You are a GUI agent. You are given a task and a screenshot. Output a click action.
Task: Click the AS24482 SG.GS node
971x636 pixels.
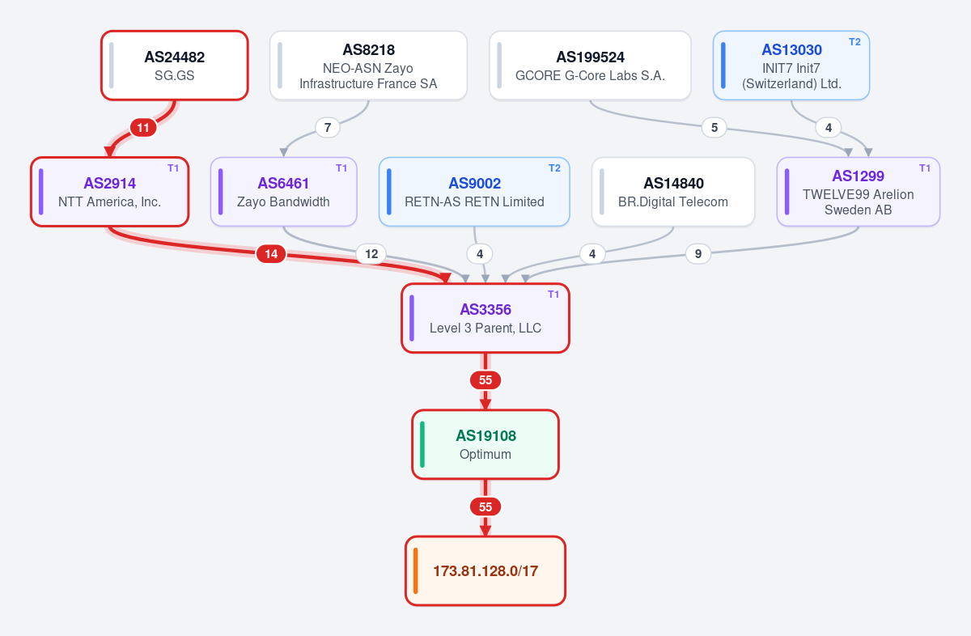pos(175,66)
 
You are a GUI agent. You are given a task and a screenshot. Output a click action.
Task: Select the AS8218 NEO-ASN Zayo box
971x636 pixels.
pos(368,66)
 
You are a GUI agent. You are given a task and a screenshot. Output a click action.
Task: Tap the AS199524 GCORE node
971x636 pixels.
pos(590,66)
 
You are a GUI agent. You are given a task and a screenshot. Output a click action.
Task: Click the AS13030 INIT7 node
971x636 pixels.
pos(791,66)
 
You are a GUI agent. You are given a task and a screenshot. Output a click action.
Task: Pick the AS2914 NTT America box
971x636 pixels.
pos(110,192)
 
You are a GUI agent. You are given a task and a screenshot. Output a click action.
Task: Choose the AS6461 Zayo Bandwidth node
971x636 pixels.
pos(283,192)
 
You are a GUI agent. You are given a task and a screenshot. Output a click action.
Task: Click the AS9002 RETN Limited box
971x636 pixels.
pos(474,192)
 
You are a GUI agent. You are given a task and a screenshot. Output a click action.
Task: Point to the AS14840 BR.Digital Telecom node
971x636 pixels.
pos(673,192)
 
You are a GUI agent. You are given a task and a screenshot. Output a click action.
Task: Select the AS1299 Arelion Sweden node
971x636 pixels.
pos(859,192)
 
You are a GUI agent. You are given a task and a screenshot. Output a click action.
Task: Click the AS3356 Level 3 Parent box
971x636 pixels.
pos(485,318)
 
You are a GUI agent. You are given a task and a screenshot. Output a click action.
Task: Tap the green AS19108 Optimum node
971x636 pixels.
pos(485,444)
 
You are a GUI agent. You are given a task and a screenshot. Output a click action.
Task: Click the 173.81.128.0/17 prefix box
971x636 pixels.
pos(485,570)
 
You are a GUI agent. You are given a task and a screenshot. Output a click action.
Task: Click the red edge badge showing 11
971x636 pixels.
pos(143,128)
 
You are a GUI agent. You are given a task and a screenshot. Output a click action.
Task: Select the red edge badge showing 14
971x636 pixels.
pos(271,253)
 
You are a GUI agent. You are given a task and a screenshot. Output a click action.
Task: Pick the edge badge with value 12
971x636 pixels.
pos(371,253)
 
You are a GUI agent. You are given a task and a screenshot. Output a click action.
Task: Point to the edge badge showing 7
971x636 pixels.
pos(328,128)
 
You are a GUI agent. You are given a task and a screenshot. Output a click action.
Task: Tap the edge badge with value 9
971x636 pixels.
pos(698,253)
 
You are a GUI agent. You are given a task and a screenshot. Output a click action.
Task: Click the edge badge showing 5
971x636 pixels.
pos(714,128)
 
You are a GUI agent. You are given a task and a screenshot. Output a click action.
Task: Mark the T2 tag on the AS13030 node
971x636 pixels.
pos(854,42)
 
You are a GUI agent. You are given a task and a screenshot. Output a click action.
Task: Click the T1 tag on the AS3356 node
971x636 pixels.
pos(553,295)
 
